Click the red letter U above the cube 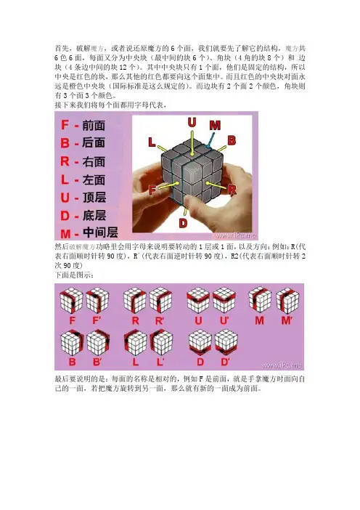pyautogui.click(x=192, y=122)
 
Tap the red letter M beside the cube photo pyautogui.click(x=215, y=125)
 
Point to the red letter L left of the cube pyautogui.click(x=152, y=142)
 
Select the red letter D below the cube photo pyautogui.click(x=183, y=223)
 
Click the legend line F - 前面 pyautogui.click(x=83, y=125)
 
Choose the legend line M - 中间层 pyautogui.click(x=89, y=233)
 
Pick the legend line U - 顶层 pyautogui.click(x=83, y=198)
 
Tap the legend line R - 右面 pyautogui.click(x=83, y=161)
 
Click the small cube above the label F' pyautogui.click(x=97, y=300)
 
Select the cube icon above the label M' pyautogui.click(x=287, y=300)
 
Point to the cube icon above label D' pyautogui.click(x=226, y=342)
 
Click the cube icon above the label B pyautogui.click(x=72, y=342)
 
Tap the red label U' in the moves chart pyautogui.click(x=224, y=320)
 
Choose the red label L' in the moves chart pyautogui.click(x=160, y=362)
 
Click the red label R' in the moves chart pyautogui.click(x=159, y=321)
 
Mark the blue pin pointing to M pyautogui.click(x=211, y=140)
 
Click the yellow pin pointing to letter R pyautogui.click(x=217, y=185)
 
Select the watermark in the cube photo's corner pyautogui.click(x=236, y=235)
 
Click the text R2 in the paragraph pyautogui.click(x=234, y=256)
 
